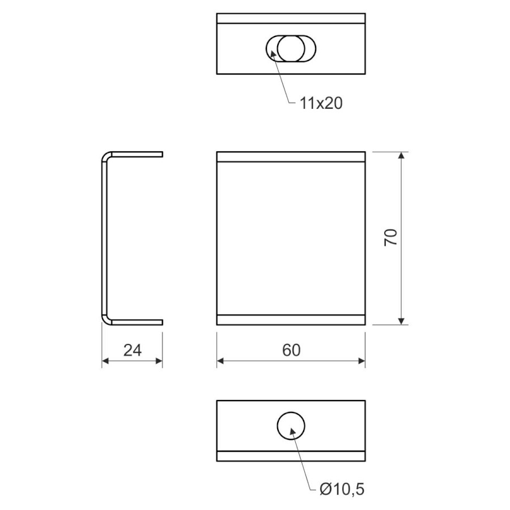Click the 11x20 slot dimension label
(321, 104)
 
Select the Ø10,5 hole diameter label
(342, 489)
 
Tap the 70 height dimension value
(390, 237)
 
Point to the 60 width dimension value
(291, 350)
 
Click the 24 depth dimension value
(133, 350)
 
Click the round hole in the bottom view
(291, 426)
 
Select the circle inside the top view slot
(291, 49)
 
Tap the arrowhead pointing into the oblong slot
(273, 54)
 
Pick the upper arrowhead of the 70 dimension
(401, 155)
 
